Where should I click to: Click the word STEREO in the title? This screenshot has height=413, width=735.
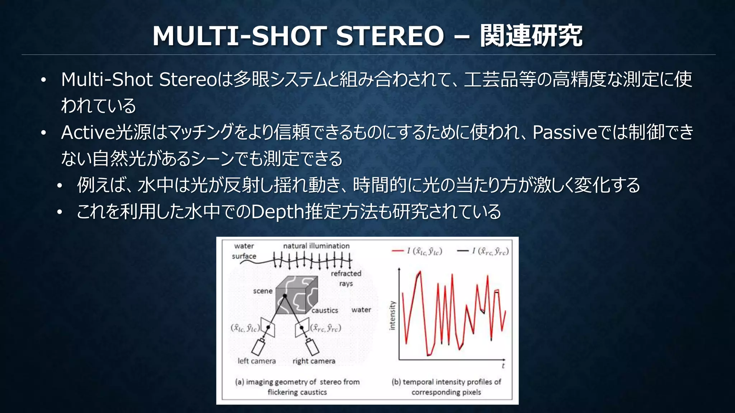pyautogui.click(x=390, y=36)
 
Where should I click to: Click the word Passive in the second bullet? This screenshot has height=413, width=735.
pyautogui.click(x=565, y=132)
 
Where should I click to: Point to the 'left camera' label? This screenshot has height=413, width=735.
pyautogui.click(x=257, y=361)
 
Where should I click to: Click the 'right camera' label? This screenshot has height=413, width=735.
pyautogui.click(x=314, y=361)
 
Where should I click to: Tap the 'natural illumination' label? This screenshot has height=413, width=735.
pyautogui.click(x=316, y=246)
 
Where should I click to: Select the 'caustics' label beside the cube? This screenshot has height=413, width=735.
pyautogui.click(x=324, y=310)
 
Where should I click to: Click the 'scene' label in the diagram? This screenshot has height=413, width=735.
pyautogui.click(x=263, y=291)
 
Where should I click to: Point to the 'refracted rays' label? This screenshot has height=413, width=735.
pyautogui.click(x=346, y=278)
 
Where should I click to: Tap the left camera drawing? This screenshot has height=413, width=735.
pyautogui.click(x=258, y=347)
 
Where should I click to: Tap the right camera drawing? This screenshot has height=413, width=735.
pyautogui.click(x=312, y=347)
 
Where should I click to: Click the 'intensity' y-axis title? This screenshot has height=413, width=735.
pyautogui.click(x=392, y=315)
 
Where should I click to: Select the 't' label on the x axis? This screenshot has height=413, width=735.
pyautogui.click(x=503, y=366)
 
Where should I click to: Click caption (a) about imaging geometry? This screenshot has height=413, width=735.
pyautogui.click(x=297, y=387)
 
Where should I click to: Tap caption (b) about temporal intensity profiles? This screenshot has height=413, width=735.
pyautogui.click(x=446, y=387)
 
